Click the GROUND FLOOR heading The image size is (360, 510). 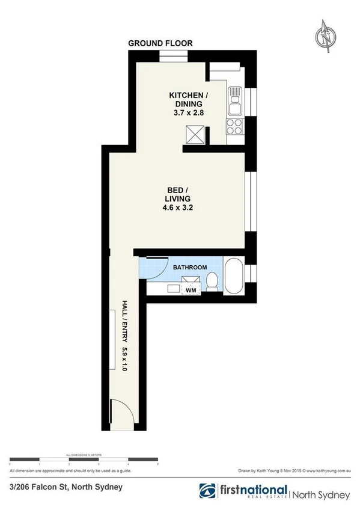[x=160, y=43]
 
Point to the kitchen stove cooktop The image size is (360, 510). [x=233, y=126]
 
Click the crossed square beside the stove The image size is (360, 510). [x=196, y=134]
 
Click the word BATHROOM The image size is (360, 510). [x=191, y=267]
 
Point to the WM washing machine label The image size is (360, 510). [x=191, y=290]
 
